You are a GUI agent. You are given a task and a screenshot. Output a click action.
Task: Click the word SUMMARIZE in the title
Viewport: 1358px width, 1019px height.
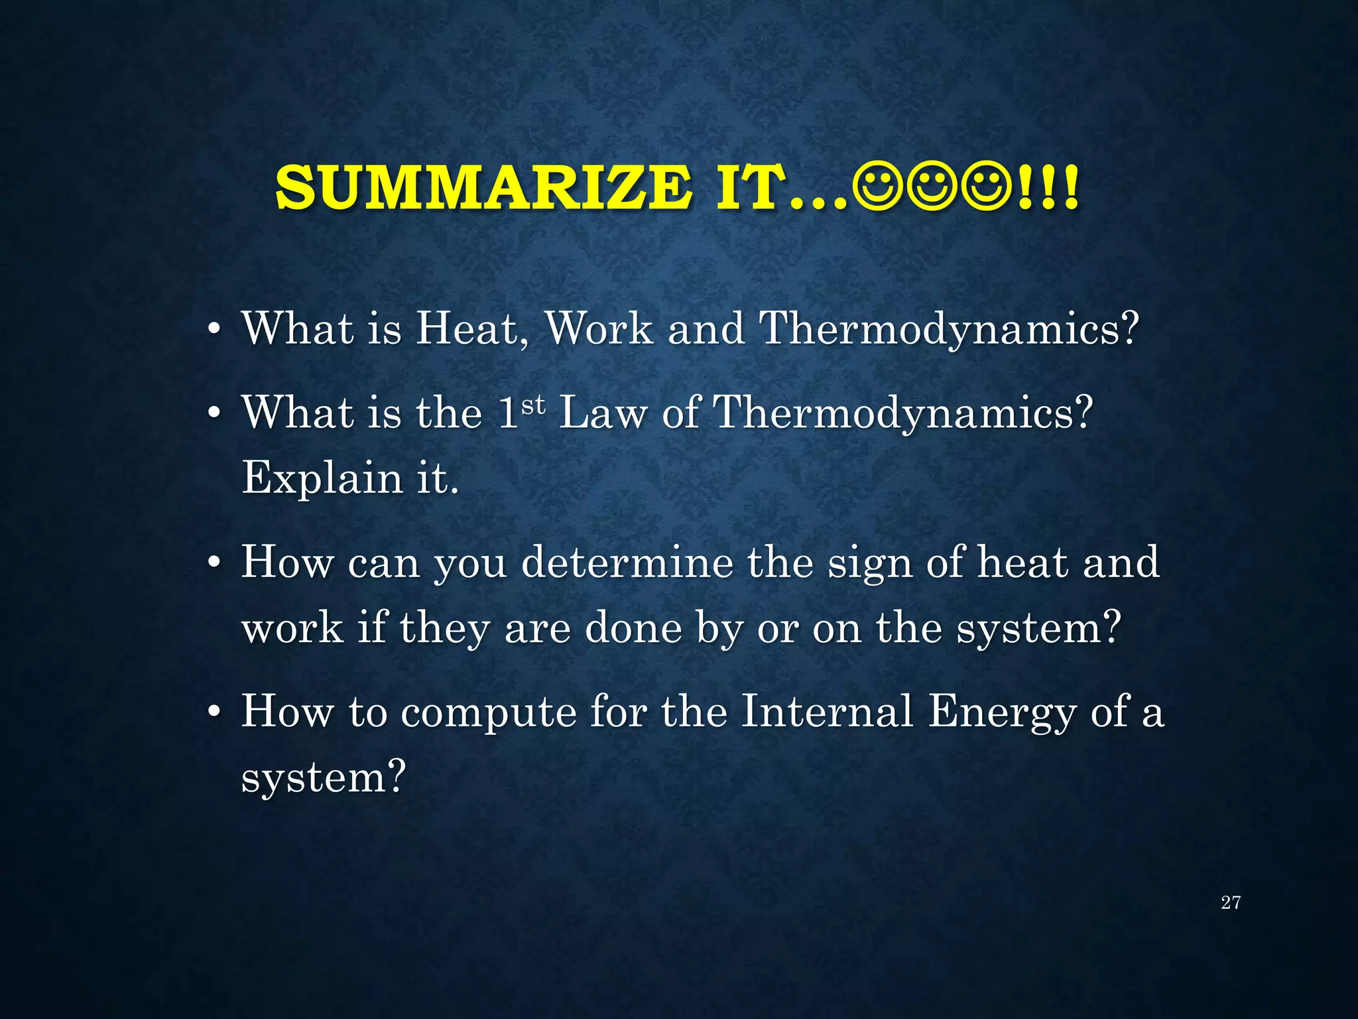483,188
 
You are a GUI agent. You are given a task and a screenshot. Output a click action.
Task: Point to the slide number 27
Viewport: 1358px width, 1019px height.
1230,902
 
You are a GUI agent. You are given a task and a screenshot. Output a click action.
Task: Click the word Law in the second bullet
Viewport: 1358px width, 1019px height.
603,413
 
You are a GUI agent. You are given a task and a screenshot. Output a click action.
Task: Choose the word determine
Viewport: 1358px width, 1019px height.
627,563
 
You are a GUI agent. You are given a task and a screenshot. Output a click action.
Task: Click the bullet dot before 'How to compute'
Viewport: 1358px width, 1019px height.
214,713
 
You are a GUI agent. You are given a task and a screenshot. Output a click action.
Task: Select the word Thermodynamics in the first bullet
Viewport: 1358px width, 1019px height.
948,329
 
